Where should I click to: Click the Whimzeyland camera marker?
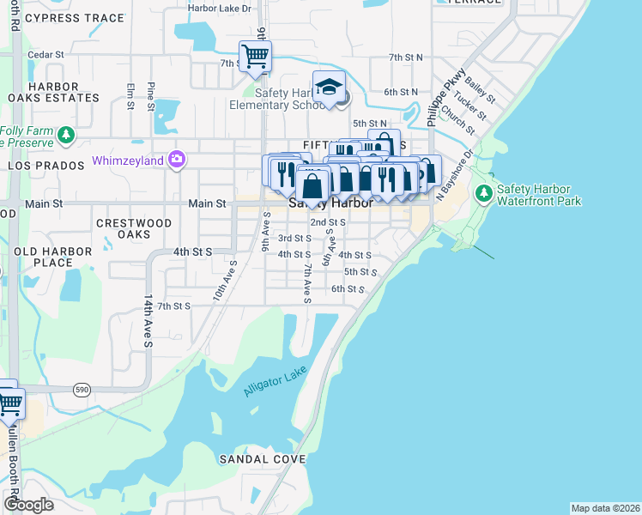tap(178, 159)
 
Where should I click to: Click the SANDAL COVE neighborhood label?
tap(262, 459)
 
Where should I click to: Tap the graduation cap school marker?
tap(328, 87)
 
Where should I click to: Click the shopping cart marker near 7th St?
tap(255, 57)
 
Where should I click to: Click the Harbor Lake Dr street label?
tap(222, 9)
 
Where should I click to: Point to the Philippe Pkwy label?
tap(447, 95)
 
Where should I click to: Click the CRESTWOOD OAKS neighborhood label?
tap(134, 228)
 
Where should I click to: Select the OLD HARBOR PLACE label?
tap(47, 257)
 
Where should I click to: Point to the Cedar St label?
tap(45, 54)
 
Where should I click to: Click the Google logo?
tap(28, 504)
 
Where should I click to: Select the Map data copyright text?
tap(605, 507)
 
